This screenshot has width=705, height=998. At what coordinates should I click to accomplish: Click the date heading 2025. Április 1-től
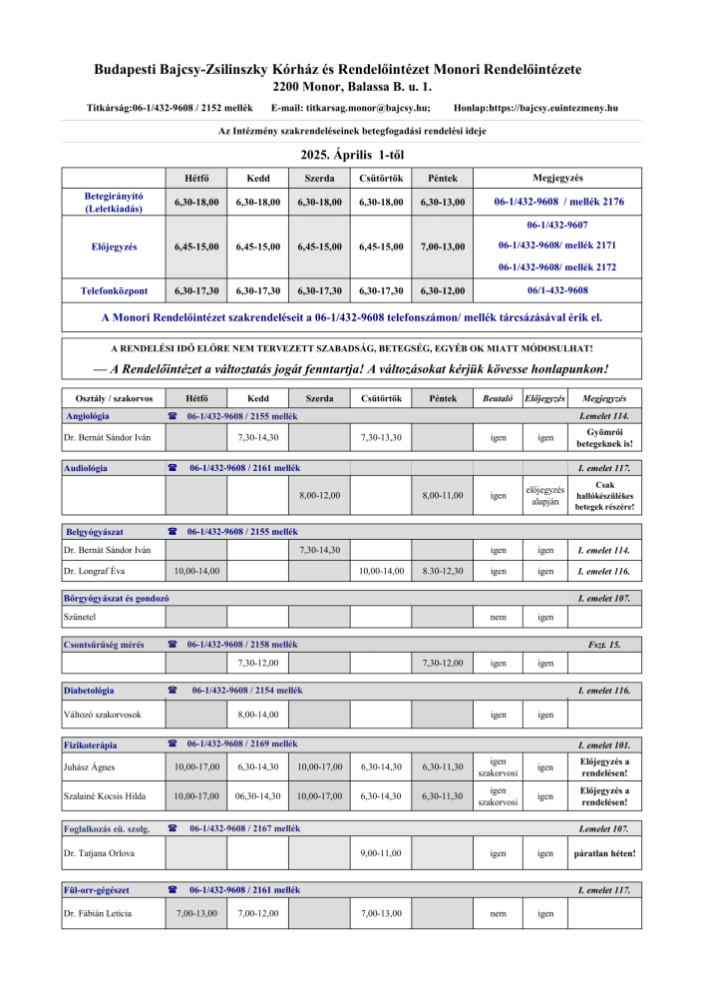click(x=352, y=155)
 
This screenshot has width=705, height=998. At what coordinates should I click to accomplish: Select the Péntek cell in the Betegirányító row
click(x=442, y=202)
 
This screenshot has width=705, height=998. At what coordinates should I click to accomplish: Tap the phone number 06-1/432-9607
click(x=556, y=226)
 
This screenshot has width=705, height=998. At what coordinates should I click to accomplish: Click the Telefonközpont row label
click(x=114, y=290)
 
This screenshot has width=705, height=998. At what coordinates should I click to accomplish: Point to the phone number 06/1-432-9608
click(x=556, y=290)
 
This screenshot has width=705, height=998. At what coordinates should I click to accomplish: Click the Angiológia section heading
click(x=88, y=415)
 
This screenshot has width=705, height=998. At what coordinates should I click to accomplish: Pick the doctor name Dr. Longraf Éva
click(x=102, y=571)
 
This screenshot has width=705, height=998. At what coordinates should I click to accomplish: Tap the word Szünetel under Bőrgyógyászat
click(x=81, y=617)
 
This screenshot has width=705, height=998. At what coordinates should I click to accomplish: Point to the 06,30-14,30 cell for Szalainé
click(x=257, y=796)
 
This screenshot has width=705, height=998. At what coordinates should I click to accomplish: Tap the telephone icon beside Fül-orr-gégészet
click(x=173, y=889)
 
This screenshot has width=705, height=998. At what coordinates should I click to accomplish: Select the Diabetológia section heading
click(x=89, y=691)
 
